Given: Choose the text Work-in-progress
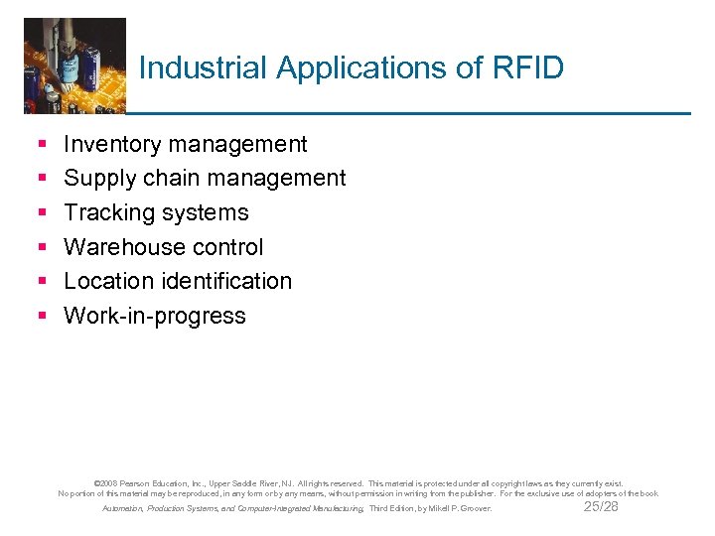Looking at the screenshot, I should coord(154,316).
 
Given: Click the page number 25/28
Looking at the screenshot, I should coord(601,506).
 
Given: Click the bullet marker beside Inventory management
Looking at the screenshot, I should coord(42,145).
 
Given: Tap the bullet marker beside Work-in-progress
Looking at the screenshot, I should coord(42,317).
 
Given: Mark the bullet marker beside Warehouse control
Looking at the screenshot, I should coord(42,248).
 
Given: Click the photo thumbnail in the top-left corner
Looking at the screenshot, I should coord(74,64).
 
